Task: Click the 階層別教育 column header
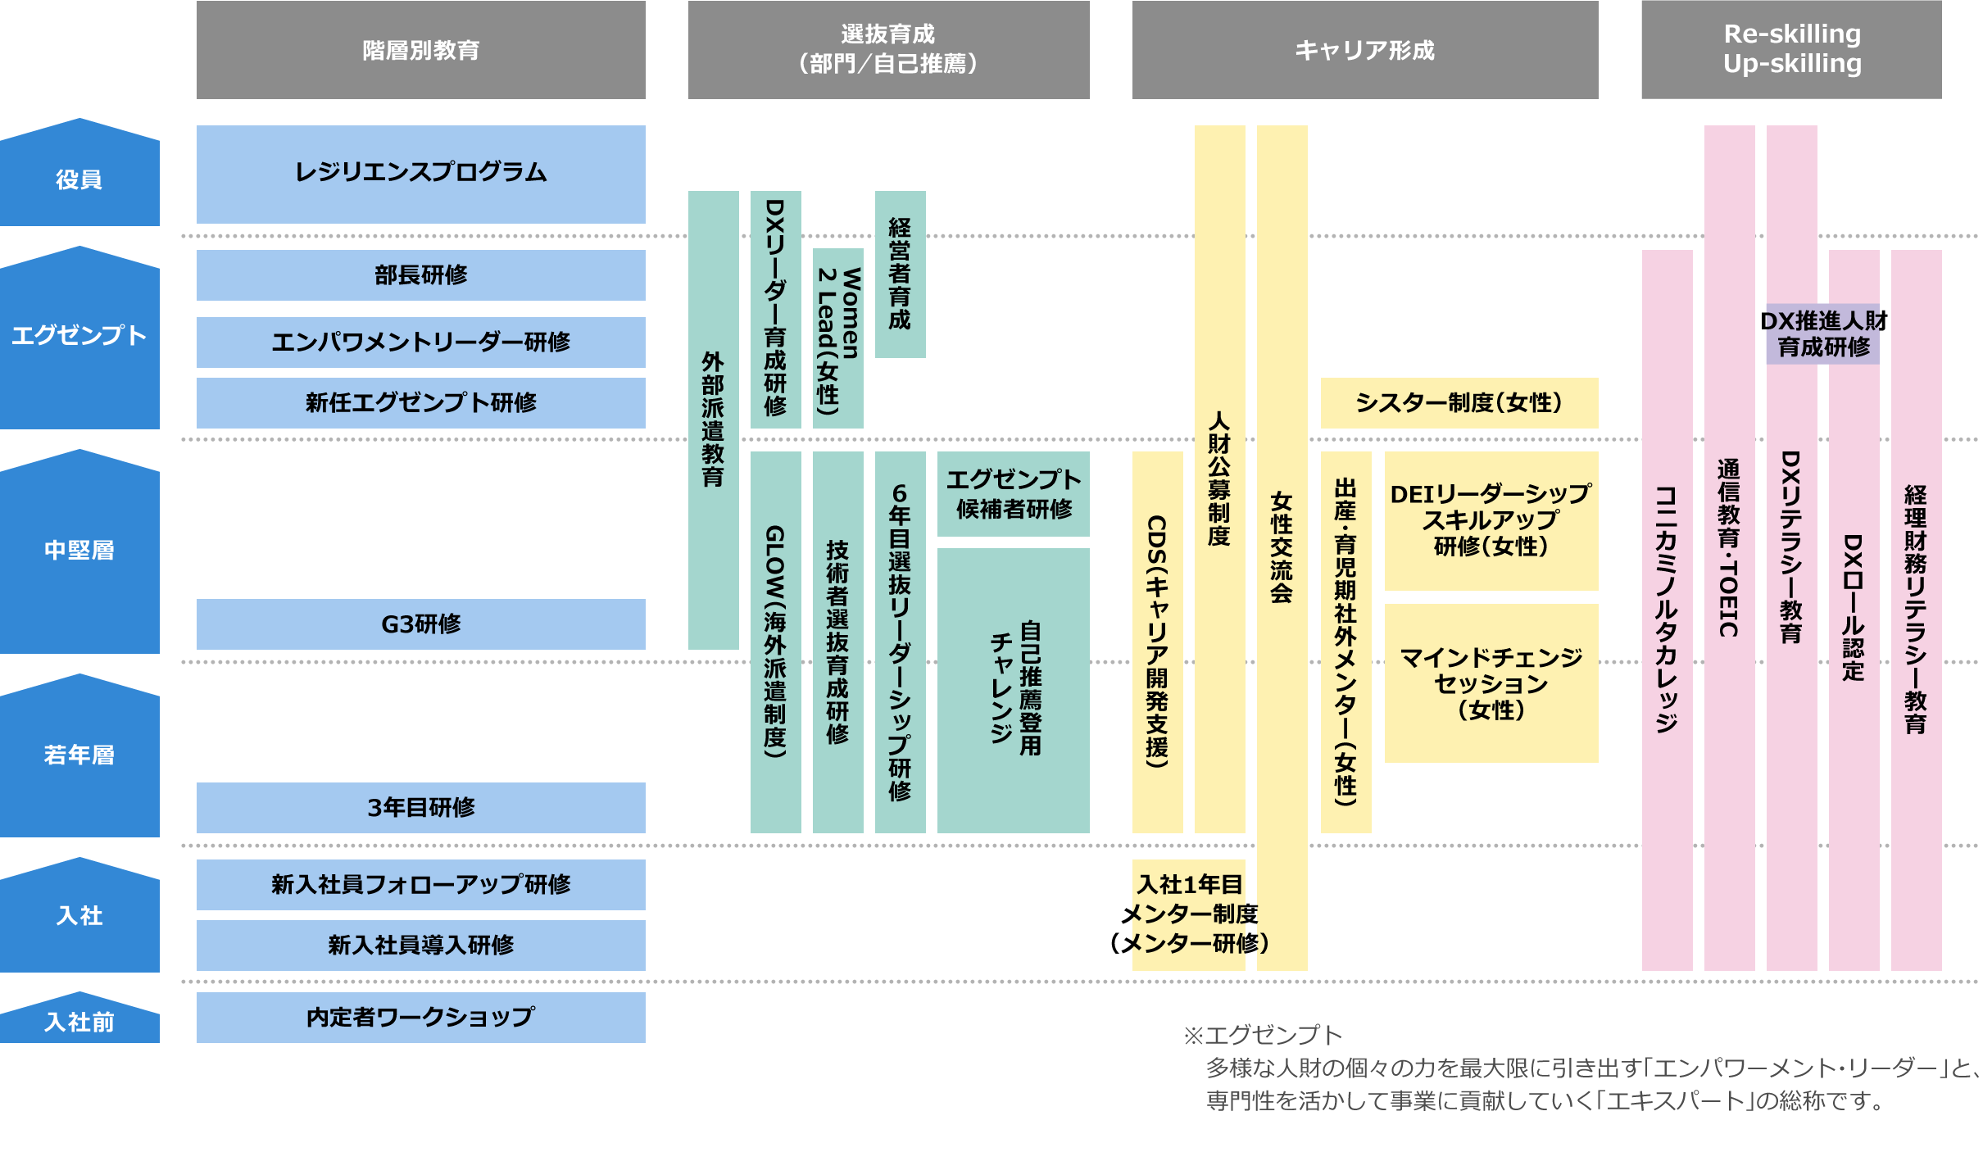tap(420, 50)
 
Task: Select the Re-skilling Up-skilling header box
tap(1791, 50)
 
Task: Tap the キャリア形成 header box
tap(1364, 50)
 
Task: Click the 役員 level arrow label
tap(79, 179)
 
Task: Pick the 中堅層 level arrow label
tap(79, 550)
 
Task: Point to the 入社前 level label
tap(79, 1022)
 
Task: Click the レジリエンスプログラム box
tap(420, 173)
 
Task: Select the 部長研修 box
tap(420, 274)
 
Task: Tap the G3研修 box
tap(420, 624)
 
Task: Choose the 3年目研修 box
tap(420, 807)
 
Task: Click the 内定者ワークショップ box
tap(420, 1017)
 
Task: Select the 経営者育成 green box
tap(900, 274)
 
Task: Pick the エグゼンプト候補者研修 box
tap(1013, 494)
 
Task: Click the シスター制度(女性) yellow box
tap(1459, 402)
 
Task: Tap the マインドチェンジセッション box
tap(1491, 683)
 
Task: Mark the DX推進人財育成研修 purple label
tap(1822, 333)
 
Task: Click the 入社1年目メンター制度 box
tap(1188, 914)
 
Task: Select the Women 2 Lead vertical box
tap(837, 338)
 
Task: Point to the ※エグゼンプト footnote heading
tap(1263, 1035)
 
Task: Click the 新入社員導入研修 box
tap(420, 945)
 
